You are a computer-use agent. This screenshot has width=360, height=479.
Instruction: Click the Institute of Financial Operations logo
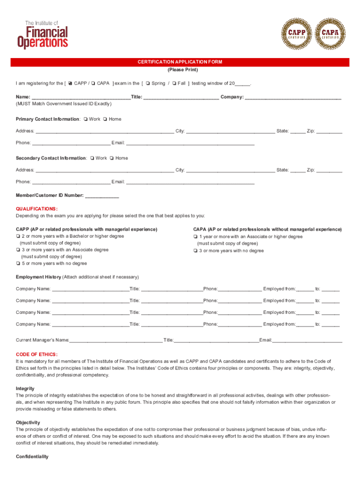click(43, 34)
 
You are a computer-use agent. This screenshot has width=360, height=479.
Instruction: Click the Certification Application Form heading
click(180, 62)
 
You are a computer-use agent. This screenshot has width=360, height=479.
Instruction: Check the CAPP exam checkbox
click(70, 84)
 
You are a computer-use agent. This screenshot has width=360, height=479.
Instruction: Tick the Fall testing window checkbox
click(174, 84)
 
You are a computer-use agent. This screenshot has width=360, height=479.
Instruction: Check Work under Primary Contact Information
click(85, 119)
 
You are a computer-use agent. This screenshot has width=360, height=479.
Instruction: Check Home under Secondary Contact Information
click(112, 159)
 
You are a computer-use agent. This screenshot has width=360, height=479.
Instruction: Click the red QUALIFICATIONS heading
click(37, 209)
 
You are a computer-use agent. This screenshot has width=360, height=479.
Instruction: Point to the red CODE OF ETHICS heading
click(37, 355)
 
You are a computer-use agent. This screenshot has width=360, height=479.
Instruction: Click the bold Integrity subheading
click(25, 389)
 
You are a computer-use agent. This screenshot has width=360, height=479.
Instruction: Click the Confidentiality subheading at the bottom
click(32, 457)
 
